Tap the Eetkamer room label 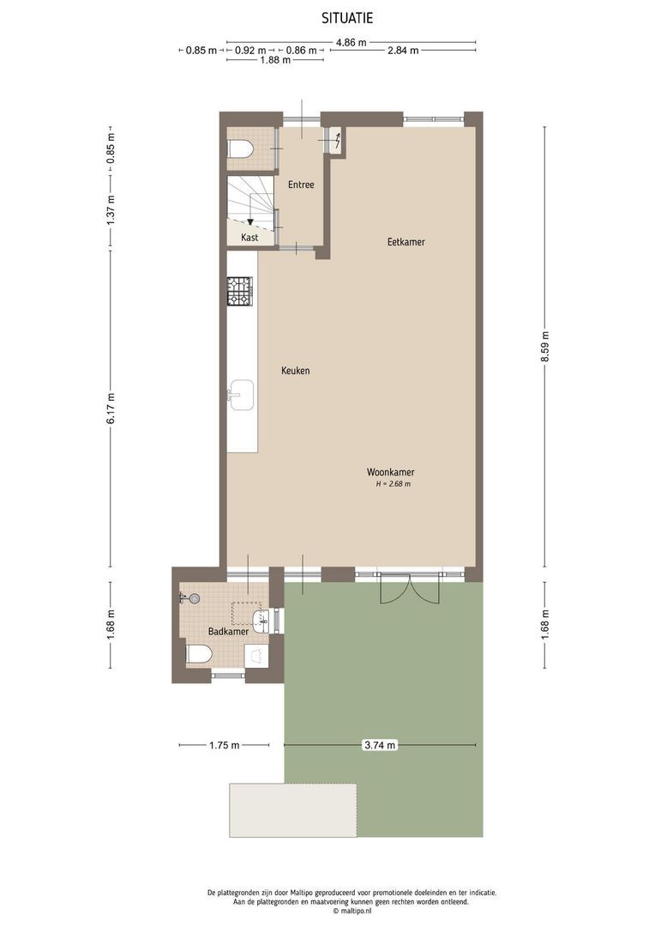406,242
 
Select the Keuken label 295,371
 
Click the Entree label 301,185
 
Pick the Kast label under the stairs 249,238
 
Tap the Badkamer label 228,632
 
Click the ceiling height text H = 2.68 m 393,484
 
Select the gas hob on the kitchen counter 239,291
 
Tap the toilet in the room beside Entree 241,149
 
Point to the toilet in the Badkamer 199,655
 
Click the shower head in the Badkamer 193,597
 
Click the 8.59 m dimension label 544,346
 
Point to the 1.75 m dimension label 225,746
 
